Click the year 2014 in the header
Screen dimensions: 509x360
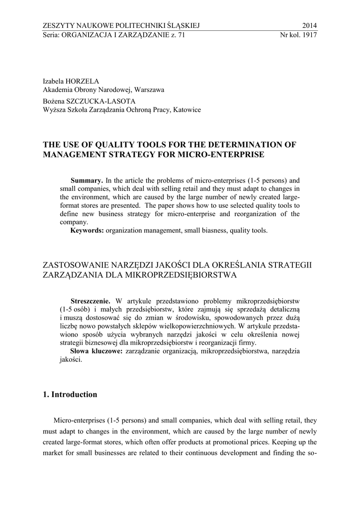[x=309, y=26]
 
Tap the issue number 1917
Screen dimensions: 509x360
[x=309, y=35]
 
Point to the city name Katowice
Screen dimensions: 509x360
[x=187, y=109]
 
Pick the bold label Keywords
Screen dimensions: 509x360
[x=87, y=231]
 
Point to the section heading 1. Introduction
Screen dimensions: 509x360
[x=70, y=395]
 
